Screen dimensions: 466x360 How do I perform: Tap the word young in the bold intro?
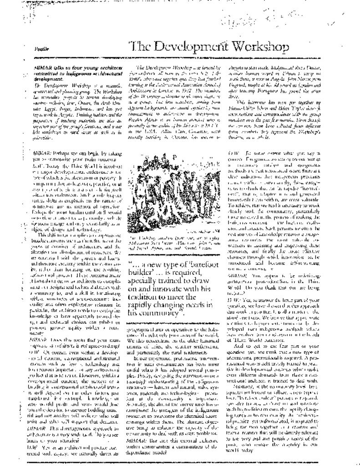[90, 66]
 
